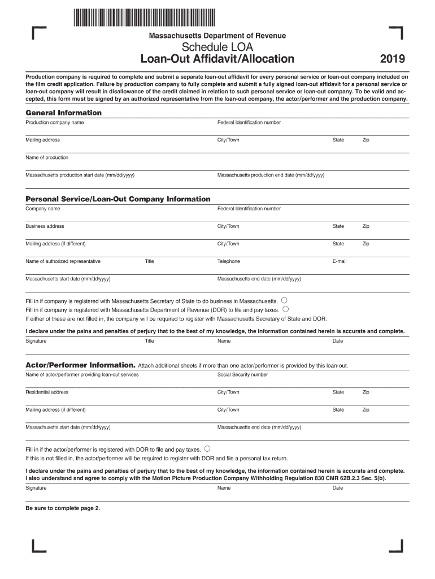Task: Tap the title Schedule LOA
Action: (x=217, y=47)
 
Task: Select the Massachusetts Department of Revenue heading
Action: (x=217, y=36)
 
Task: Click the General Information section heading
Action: (x=63, y=113)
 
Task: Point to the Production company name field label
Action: (x=54, y=122)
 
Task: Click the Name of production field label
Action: (x=47, y=157)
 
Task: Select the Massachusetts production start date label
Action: (x=80, y=175)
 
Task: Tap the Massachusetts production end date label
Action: (x=271, y=175)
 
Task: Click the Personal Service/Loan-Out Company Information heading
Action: (x=118, y=199)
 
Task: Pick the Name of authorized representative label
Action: (x=63, y=261)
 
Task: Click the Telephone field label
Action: (x=229, y=261)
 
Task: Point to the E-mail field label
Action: (x=340, y=261)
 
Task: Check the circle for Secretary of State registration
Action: (x=284, y=300)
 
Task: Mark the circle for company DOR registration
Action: (x=286, y=309)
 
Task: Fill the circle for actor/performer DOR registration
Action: (x=207, y=449)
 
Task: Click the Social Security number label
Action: (x=242, y=374)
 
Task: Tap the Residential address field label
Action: (x=47, y=392)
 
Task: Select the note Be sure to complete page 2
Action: (x=63, y=508)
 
